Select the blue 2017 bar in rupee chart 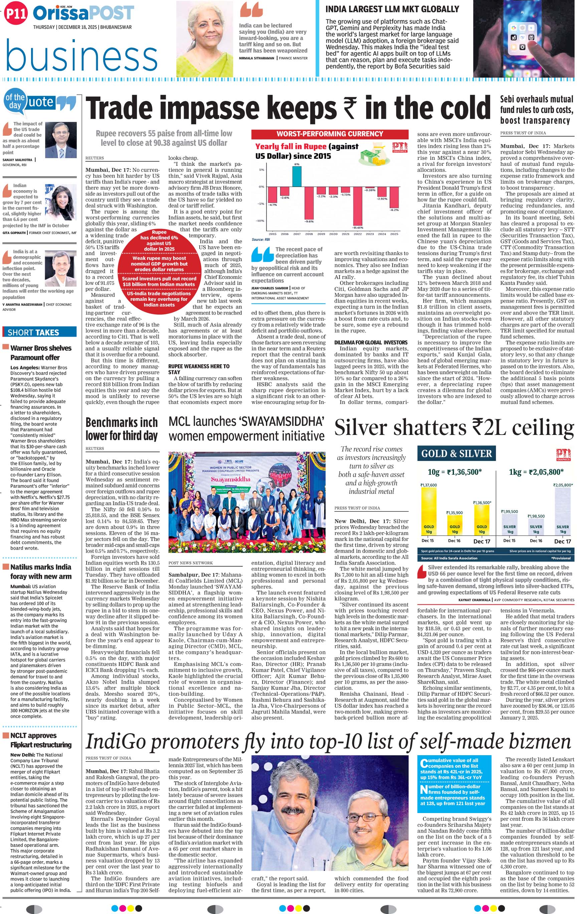[x=297, y=176]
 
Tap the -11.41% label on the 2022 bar [x=358, y=227]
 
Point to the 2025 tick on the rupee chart [x=394, y=234]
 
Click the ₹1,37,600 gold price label [x=428, y=485]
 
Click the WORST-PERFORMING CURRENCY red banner [x=330, y=134]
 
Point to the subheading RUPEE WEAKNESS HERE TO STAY [x=199, y=369]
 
